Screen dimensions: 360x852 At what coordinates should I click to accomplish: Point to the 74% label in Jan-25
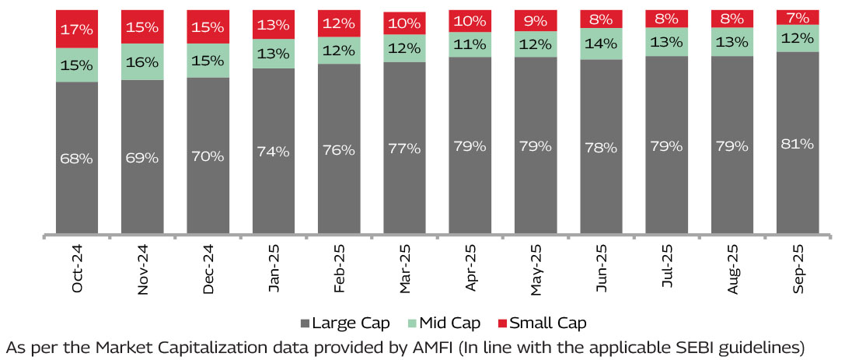[x=274, y=152]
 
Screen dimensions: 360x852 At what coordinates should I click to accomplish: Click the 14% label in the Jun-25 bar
[x=601, y=44]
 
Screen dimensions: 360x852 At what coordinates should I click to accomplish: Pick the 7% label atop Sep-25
[x=798, y=17]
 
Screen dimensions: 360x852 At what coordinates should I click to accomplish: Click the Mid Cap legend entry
[x=445, y=323]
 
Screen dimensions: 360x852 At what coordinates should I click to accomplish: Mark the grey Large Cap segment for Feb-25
[x=339, y=187]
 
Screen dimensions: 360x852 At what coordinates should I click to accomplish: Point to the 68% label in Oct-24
[x=77, y=158]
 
